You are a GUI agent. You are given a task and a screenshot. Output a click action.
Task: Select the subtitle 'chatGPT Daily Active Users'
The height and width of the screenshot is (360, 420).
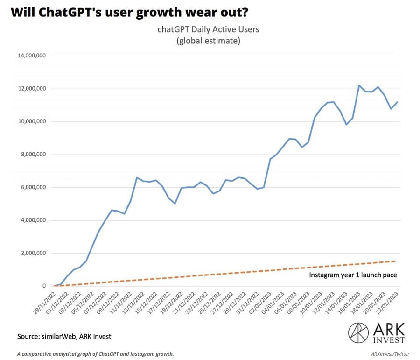208,29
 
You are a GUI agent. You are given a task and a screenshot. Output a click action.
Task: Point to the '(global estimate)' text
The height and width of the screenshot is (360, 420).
208,41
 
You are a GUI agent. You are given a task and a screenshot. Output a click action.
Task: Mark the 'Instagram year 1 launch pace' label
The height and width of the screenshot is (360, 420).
353,275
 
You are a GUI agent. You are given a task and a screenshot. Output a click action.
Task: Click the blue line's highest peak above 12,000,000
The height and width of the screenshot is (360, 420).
358,85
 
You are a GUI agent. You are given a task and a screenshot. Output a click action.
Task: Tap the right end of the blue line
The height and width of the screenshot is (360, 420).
397,102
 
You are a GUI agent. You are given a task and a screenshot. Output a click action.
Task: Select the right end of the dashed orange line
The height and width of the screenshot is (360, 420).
397,261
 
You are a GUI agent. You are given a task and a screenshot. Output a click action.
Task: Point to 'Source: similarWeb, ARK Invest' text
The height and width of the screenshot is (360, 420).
64,336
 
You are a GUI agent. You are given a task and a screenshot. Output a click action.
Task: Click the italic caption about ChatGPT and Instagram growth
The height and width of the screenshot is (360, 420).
95,354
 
